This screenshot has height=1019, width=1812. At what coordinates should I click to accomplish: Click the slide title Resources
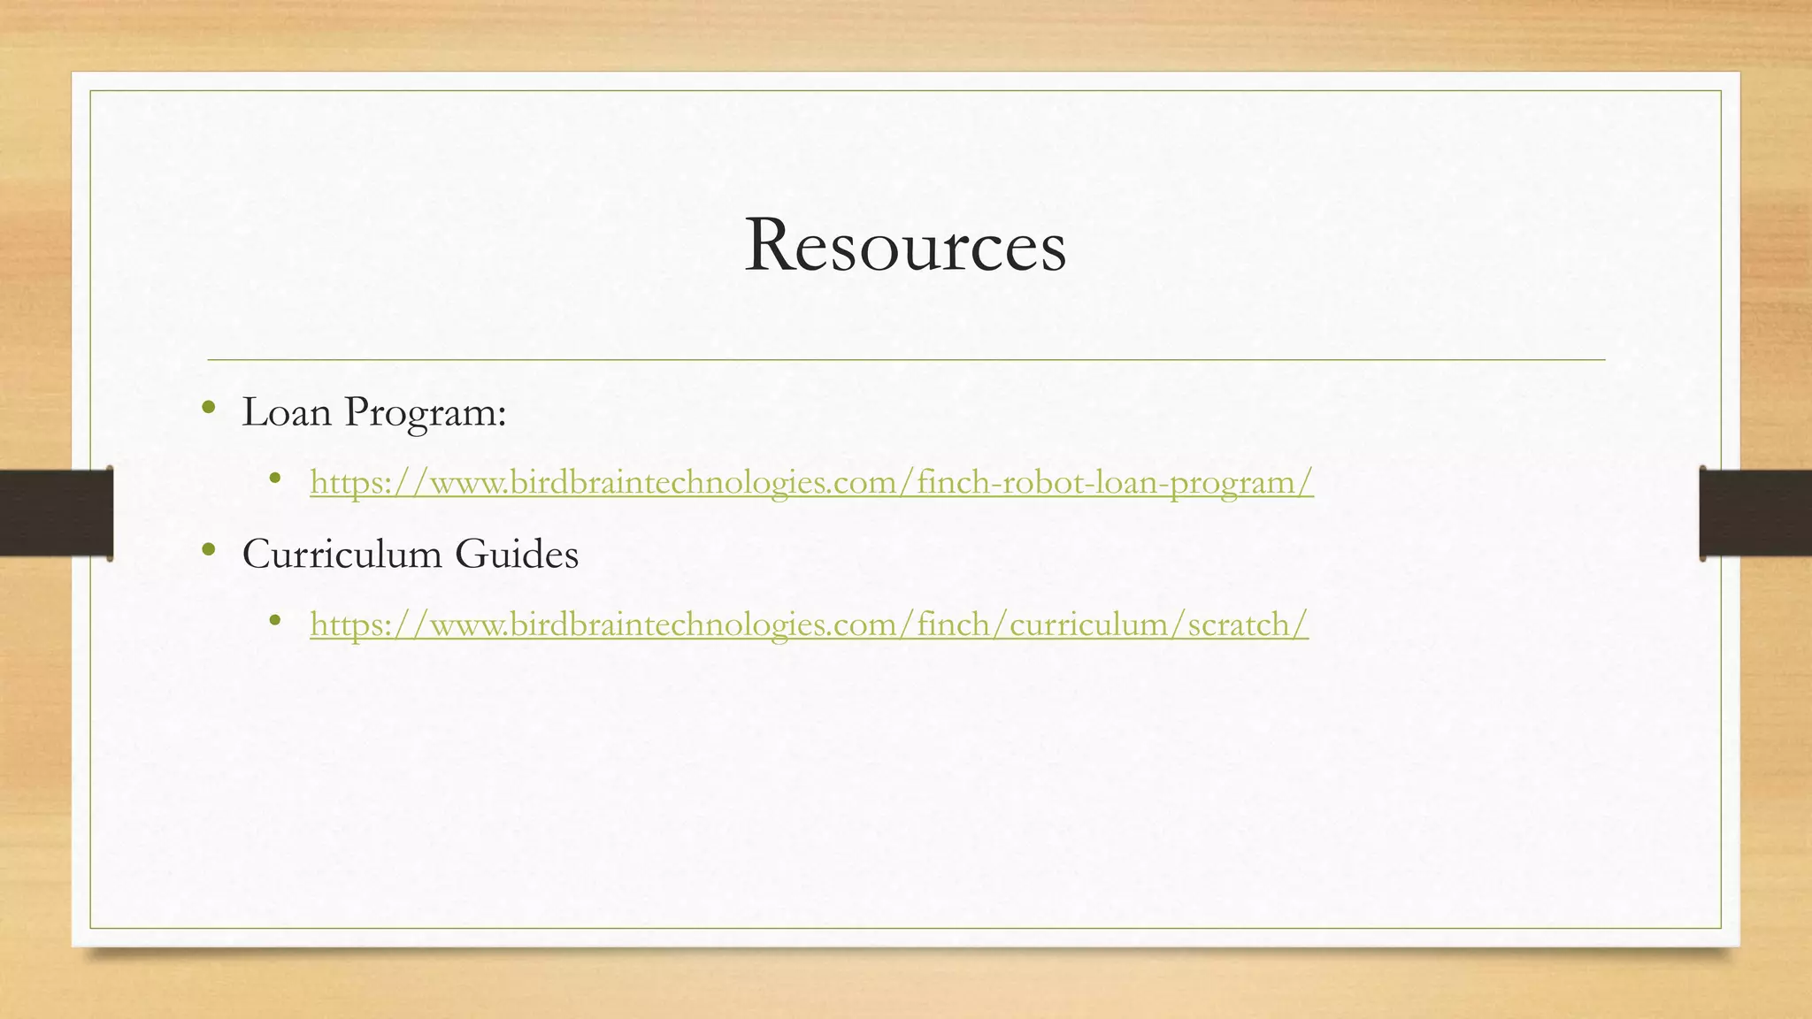click(905, 245)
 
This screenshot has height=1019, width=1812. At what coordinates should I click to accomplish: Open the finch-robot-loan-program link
click(811, 482)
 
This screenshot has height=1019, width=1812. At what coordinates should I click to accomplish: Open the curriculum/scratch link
click(809, 624)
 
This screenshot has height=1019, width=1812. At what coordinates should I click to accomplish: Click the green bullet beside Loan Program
click(209, 408)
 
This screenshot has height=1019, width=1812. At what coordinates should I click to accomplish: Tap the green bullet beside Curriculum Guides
click(209, 550)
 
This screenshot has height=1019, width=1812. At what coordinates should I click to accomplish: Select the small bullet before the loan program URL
click(276, 479)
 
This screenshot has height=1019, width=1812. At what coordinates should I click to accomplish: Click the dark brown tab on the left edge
click(56, 513)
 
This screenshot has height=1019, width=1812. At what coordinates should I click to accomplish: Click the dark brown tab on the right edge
click(1755, 513)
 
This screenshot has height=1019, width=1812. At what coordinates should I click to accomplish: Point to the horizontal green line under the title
click(906, 360)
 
